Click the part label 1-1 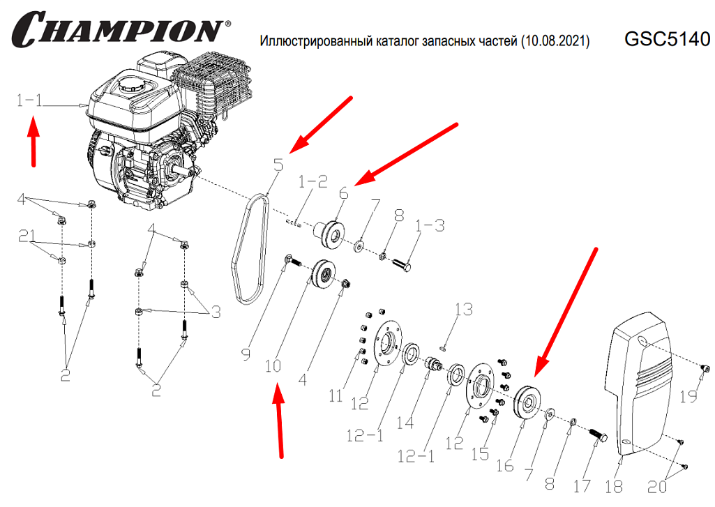[x=30, y=101]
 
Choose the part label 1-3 [x=430, y=226]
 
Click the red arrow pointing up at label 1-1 [x=33, y=143]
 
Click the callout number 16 [x=505, y=465]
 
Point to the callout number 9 [x=245, y=355]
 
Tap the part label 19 [x=688, y=397]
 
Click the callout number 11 [x=336, y=396]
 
